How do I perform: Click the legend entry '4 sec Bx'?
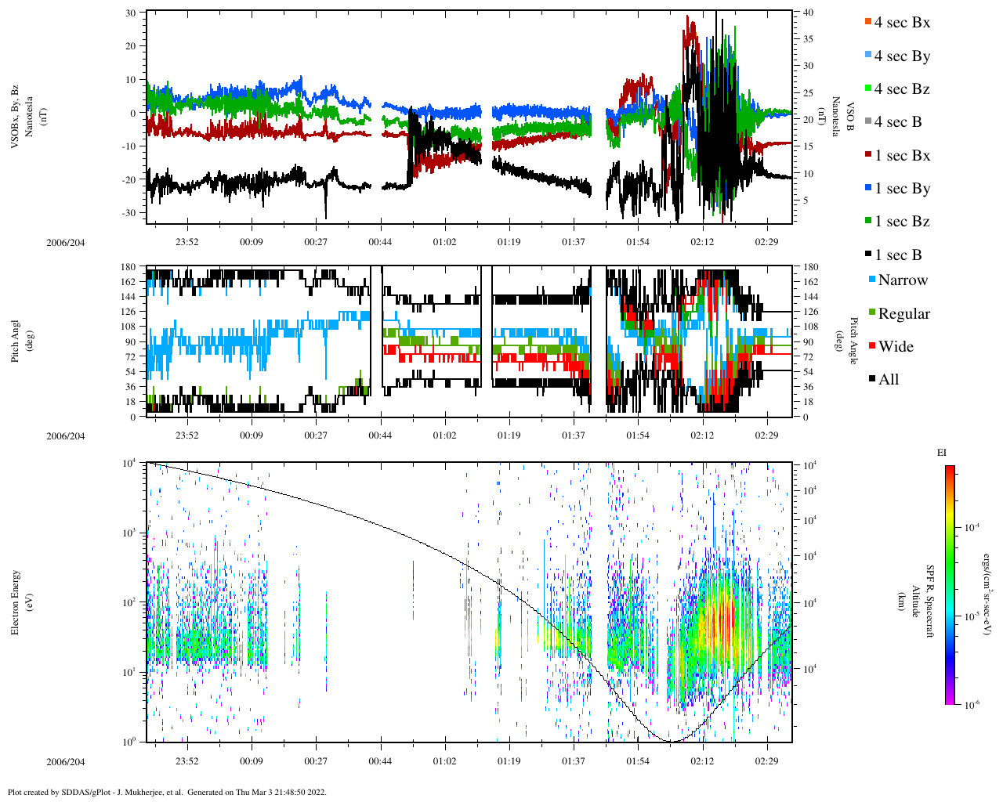tap(902, 23)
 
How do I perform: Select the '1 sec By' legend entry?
tap(902, 189)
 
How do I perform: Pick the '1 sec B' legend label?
tap(898, 255)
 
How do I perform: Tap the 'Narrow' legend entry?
tap(903, 280)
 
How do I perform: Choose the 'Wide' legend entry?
tap(896, 347)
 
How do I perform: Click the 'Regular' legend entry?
tap(903, 314)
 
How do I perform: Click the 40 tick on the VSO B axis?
tap(808, 13)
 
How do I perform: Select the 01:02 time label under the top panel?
tap(444, 243)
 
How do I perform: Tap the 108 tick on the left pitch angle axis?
tap(128, 327)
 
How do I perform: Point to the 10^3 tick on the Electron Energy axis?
tap(128, 533)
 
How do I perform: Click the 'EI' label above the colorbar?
tap(943, 453)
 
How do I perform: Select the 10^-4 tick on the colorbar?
tap(972, 528)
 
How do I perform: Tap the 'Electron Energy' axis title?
tap(16, 603)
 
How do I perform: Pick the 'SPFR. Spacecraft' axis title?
tap(930, 601)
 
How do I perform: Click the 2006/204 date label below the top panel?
tap(65, 243)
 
